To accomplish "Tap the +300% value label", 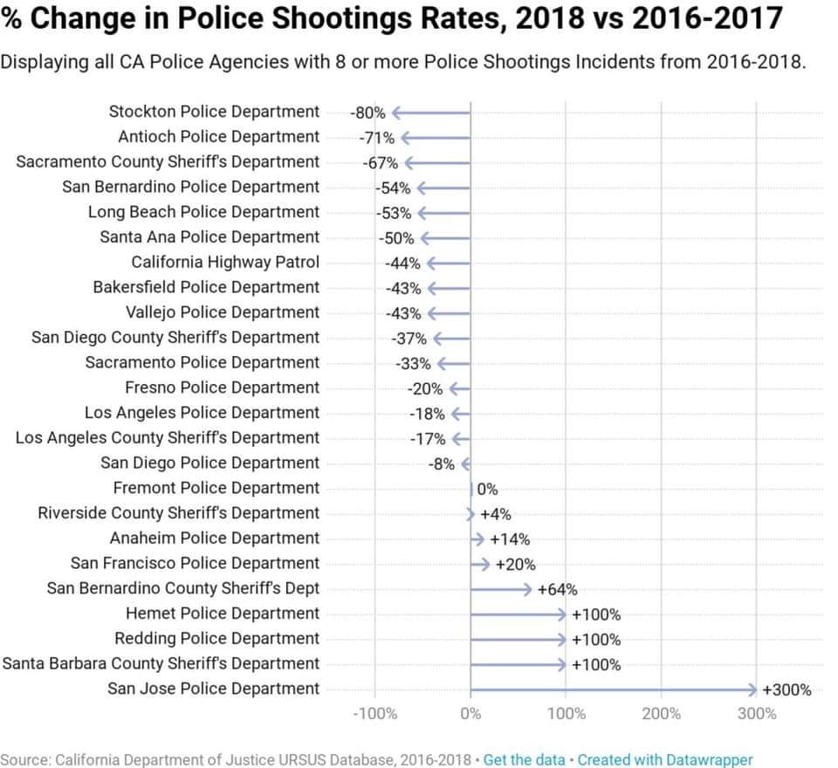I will pyautogui.click(x=786, y=689).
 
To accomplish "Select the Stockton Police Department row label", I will pyautogui.click(x=214, y=112).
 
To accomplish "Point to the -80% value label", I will pyautogui.click(x=367, y=113).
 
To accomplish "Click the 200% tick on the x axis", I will pyautogui.click(x=661, y=714).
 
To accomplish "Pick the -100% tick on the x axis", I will pyautogui.click(x=374, y=714).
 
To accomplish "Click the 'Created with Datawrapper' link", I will pyautogui.click(x=665, y=759).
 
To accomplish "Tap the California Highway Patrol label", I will pyautogui.click(x=225, y=262).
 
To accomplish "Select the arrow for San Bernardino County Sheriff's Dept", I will pyautogui.click(x=501, y=589).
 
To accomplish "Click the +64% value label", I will pyautogui.click(x=557, y=590).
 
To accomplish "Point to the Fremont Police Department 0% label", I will pyautogui.click(x=487, y=490).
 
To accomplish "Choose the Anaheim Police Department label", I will pyautogui.click(x=215, y=538).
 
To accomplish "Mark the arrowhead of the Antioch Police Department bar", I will pyautogui.click(x=404, y=138).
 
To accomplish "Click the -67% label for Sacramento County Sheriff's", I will pyautogui.click(x=381, y=163).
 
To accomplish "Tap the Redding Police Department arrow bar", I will pyautogui.click(x=519, y=640).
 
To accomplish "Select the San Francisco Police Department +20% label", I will pyautogui.click(x=515, y=565).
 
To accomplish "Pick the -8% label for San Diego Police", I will pyautogui.click(x=441, y=464).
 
